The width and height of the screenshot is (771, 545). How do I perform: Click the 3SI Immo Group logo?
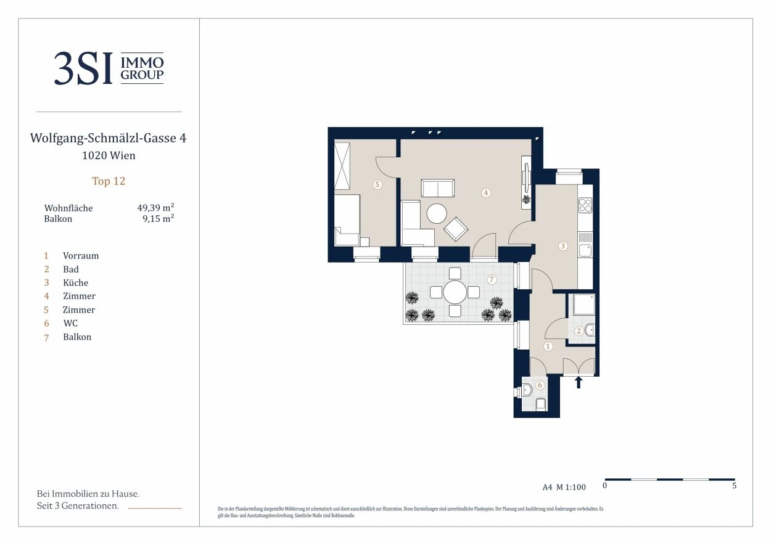(x=109, y=68)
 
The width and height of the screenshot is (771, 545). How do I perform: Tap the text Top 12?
(x=109, y=181)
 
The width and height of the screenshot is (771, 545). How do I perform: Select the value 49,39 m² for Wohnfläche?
(x=155, y=208)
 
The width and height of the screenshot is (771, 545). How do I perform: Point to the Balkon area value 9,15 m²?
(x=159, y=218)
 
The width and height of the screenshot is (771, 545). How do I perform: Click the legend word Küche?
(x=76, y=282)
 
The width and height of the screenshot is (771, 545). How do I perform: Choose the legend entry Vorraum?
(x=81, y=256)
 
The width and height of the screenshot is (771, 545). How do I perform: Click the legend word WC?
(x=70, y=323)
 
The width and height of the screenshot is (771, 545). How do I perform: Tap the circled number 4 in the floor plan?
(x=486, y=193)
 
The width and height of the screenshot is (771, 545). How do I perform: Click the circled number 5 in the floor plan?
(x=377, y=184)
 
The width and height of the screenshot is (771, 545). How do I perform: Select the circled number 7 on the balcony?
(x=492, y=280)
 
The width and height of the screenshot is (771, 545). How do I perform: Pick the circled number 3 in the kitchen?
(x=563, y=245)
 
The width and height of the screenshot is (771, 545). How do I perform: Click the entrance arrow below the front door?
(x=579, y=382)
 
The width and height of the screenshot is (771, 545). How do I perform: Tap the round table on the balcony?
(x=455, y=292)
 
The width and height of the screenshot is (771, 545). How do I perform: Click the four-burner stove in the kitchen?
(x=585, y=205)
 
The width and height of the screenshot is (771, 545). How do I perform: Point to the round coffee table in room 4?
(x=437, y=213)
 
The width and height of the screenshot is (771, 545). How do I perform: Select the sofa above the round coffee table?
(x=438, y=188)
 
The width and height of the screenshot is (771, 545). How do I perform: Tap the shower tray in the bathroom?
(x=583, y=304)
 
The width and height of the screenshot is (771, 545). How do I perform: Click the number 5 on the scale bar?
(x=734, y=485)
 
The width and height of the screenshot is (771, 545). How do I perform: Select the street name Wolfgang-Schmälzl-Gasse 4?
(x=108, y=138)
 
